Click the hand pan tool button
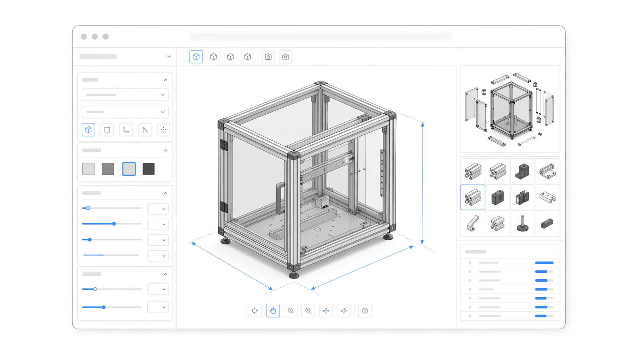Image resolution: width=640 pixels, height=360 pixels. (273, 311)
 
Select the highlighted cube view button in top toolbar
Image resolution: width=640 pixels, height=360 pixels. (196, 57)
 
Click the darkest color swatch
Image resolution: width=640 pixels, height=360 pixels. (149, 169)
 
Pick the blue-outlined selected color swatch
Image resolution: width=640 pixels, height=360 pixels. (129, 169)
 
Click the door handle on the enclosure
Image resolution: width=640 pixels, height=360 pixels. (280, 197)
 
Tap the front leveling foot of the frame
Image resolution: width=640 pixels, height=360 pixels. (294, 274)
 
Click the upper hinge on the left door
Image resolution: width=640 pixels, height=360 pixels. (224, 145)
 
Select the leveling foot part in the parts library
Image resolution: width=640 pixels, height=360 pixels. (522, 223)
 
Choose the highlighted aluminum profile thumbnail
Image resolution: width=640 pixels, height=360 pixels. (473, 197)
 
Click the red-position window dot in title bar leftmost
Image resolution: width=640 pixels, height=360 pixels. (84, 37)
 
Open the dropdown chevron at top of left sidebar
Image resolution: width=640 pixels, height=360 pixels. (169, 57)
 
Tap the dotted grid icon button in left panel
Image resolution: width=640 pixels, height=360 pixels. (163, 130)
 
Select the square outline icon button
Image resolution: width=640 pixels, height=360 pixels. (107, 130)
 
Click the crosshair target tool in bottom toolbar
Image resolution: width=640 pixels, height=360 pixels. (255, 311)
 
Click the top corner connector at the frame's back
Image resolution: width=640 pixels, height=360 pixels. (320, 83)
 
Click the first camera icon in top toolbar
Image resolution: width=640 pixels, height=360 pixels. (268, 57)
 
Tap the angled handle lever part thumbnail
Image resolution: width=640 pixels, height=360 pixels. (473, 223)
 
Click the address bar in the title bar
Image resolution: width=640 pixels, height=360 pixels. (320, 37)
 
